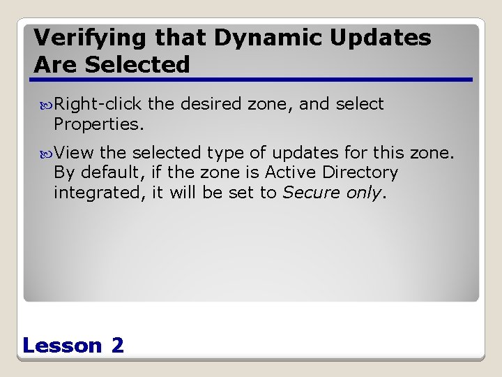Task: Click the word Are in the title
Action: click(x=55, y=65)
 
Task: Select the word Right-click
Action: click(x=98, y=105)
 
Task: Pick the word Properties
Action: click(x=98, y=124)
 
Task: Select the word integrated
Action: click(x=98, y=193)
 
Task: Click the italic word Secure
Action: click(x=307, y=192)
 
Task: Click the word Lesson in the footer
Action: click(x=62, y=345)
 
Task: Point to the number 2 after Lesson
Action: click(x=117, y=345)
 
